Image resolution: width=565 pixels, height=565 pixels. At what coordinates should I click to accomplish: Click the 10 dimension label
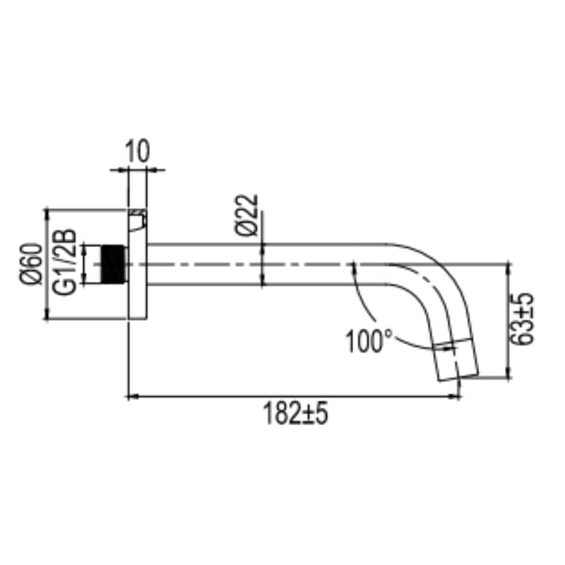(x=137, y=151)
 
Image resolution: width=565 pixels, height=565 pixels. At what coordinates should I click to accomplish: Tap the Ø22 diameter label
(x=246, y=215)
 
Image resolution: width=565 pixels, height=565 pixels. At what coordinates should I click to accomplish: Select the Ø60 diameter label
(x=30, y=264)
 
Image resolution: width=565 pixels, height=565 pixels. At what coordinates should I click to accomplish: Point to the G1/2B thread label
(x=65, y=262)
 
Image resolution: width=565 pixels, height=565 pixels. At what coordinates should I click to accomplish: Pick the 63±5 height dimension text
(x=521, y=319)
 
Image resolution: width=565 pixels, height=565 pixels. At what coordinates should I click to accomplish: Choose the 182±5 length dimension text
(x=296, y=414)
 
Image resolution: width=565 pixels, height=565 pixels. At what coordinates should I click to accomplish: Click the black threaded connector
(x=113, y=264)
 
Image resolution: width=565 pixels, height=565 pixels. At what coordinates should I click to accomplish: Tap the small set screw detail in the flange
(x=138, y=220)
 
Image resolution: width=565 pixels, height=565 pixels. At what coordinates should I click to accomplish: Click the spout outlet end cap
(x=456, y=359)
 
